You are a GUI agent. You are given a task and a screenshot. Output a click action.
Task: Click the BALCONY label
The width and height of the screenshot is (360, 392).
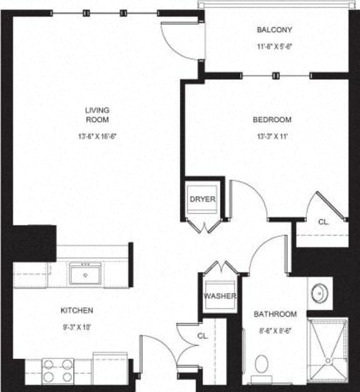tap(274, 30)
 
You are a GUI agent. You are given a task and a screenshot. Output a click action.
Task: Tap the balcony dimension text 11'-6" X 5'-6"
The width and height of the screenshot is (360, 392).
tap(274, 46)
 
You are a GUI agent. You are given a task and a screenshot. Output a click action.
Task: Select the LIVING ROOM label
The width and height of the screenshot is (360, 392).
tap(97, 115)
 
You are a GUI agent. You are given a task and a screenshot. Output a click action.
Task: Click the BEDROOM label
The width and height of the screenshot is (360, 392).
tap(272, 120)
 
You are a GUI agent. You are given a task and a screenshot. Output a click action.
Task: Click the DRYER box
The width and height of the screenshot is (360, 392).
tap(202, 200)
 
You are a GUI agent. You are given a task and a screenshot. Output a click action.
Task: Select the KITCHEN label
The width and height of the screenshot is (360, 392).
tap(77, 310)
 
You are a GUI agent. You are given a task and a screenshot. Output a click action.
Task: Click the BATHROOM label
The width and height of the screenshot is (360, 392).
tap(275, 314)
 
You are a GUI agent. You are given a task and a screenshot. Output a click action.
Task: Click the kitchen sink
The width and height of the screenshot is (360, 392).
tap(86, 273)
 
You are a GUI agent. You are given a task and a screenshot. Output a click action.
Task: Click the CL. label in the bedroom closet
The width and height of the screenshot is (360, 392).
tap(323, 222)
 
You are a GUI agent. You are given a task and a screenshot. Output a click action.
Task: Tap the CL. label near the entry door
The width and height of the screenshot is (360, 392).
tap(202, 336)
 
